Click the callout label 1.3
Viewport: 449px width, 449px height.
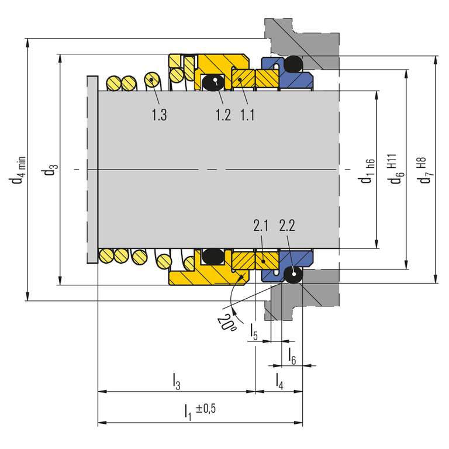coord(159,115)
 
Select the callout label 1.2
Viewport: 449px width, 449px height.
coord(223,115)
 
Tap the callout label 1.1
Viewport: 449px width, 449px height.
coord(247,115)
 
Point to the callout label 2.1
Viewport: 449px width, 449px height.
coord(261,225)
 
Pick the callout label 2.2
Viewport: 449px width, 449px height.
coord(287,225)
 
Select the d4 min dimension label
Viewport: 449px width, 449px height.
coord(18,170)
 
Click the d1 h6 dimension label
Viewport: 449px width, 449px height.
coord(367,171)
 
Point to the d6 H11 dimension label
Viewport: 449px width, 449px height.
coord(396,169)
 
